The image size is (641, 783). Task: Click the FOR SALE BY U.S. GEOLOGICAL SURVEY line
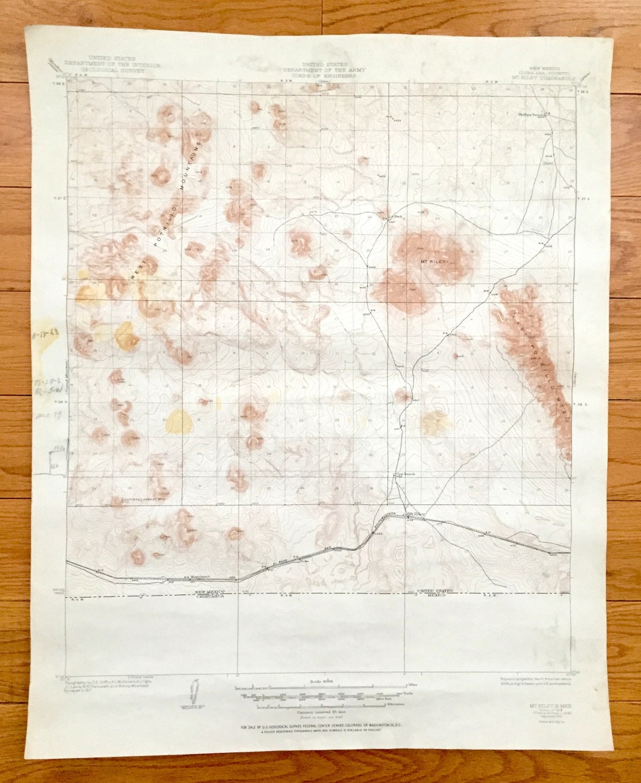320,727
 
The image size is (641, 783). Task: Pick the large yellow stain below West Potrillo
179,421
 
